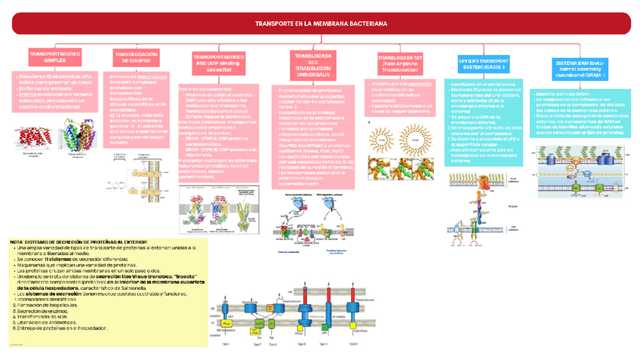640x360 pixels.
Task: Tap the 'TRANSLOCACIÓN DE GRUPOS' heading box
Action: pos(135,58)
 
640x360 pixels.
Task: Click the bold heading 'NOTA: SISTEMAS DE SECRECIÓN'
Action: pos(75,242)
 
